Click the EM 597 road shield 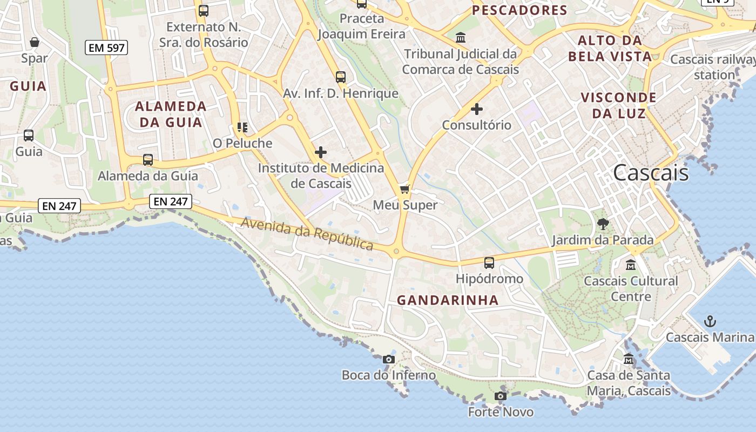(106, 48)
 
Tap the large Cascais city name (651, 173)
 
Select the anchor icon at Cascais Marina (710, 322)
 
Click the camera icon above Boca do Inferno (388, 359)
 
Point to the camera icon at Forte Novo (501, 396)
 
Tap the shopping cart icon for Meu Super (405, 189)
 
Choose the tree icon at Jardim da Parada (603, 224)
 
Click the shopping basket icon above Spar (35, 42)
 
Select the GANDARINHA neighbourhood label (448, 300)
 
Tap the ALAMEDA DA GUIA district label (171, 114)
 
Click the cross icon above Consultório (476, 109)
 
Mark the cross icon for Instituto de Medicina (321, 152)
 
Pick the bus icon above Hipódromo (489, 263)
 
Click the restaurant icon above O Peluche (242, 127)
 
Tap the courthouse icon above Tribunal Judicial (461, 38)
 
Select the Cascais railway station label (713, 67)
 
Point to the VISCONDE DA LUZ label (618, 105)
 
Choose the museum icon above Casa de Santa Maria (629, 359)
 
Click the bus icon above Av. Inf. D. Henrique (341, 77)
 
